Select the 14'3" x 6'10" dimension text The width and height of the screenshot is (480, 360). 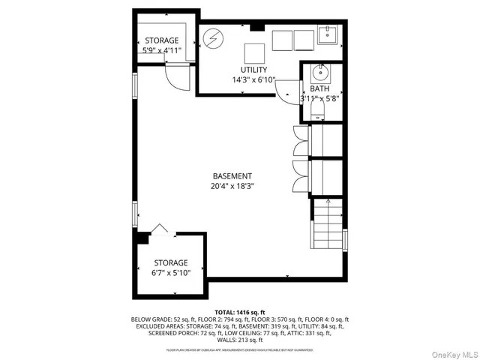pos(254,79)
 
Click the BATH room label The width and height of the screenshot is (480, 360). pos(320,88)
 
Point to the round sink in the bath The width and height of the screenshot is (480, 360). pos(319,74)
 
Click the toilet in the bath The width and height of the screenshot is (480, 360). pos(318,113)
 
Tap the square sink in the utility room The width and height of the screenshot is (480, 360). pos(327,34)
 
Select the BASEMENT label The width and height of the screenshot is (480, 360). pos(232,176)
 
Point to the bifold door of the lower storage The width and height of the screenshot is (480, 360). pos(159,229)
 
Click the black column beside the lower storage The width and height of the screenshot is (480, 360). pos(140,238)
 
